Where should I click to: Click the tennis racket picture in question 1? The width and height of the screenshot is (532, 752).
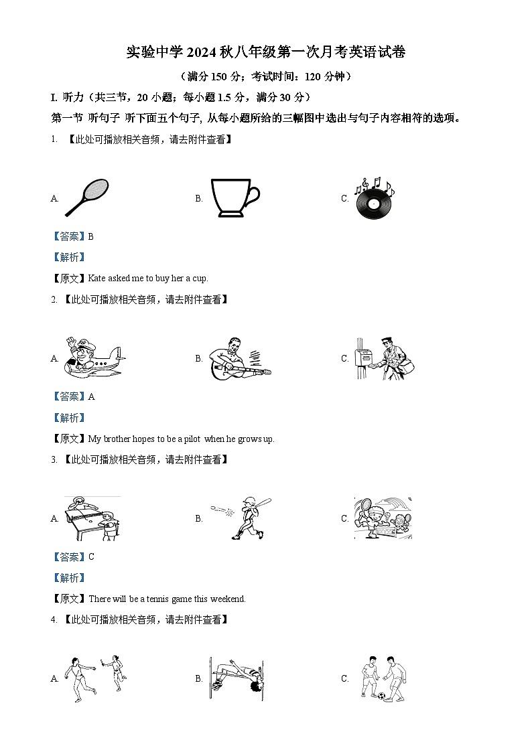(x=87, y=197)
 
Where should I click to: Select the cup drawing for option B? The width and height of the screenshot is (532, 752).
(x=235, y=198)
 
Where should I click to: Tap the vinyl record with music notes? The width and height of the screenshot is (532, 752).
(x=374, y=198)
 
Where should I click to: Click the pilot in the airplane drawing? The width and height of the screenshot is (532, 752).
(x=94, y=358)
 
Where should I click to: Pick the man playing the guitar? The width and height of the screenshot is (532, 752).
(x=240, y=359)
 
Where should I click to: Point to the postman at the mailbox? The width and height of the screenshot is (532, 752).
(x=385, y=359)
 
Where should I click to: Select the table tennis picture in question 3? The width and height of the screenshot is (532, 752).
(x=92, y=518)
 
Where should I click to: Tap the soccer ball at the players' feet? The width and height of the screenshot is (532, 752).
(x=382, y=695)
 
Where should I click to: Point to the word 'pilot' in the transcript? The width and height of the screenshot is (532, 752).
(x=192, y=439)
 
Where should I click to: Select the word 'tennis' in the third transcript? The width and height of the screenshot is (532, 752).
(x=157, y=599)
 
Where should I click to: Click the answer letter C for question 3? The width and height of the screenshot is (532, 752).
(x=92, y=557)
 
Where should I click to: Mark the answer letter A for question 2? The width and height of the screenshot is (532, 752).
(x=92, y=396)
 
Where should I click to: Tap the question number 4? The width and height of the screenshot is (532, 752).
(x=54, y=620)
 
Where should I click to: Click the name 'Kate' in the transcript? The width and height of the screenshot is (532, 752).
(x=97, y=279)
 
